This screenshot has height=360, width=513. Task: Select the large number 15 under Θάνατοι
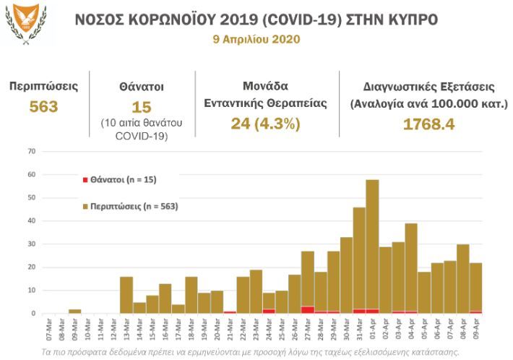click(142, 108)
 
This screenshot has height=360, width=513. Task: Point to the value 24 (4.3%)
click(265, 124)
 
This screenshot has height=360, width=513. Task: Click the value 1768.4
click(428, 124)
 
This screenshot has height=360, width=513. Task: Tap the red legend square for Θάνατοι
click(86, 179)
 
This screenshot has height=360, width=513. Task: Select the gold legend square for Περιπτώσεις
click(86, 207)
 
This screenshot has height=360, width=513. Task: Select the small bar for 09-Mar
click(74, 312)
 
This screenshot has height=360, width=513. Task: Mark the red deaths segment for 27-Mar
click(307, 310)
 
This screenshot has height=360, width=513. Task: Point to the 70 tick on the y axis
click(31, 151)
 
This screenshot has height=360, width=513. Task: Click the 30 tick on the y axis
click(31, 244)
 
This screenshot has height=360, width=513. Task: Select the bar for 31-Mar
click(359, 260)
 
